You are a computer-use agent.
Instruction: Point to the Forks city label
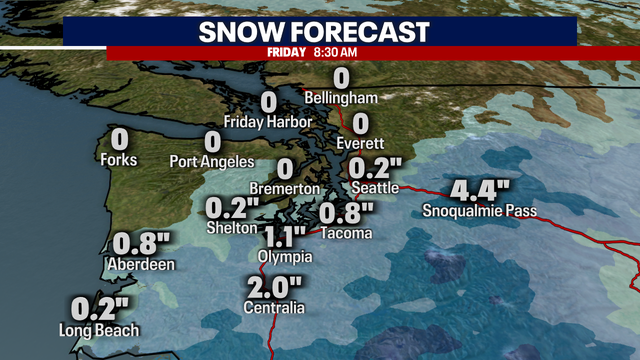(x=118, y=159)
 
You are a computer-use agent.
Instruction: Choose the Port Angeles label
(x=212, y=161)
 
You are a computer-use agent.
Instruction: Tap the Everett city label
(x=361, y=143)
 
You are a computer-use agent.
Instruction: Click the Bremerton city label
(x=286, y=189)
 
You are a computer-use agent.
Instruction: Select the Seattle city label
(x=376, y=187)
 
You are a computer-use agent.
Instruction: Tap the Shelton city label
(x=226, y=227)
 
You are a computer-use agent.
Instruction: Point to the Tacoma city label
(x=346, y=233)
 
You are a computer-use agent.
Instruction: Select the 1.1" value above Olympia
(x=285, y=237)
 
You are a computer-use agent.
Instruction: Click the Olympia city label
(x=285, y=257)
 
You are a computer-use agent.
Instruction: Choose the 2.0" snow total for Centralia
(x=274, y=288)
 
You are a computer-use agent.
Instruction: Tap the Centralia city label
(x=274, y=308)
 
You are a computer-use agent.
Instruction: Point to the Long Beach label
(x=99, y=330)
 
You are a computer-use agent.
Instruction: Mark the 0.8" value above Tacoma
(x=346, y=213)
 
